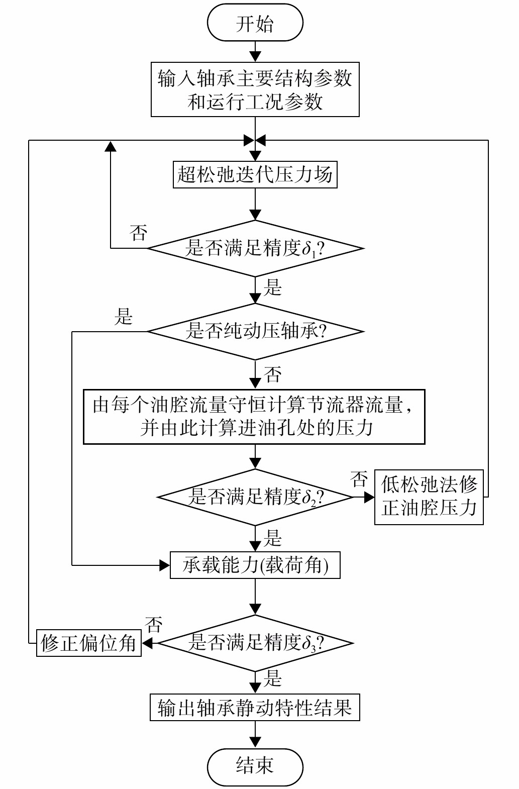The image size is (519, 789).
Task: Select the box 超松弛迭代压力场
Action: tap(255, 175)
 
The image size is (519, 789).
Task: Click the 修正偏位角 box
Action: tap(89, 643)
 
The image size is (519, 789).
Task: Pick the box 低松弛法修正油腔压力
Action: tap(429, 497)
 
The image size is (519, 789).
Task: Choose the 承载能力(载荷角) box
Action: tap(255, 565)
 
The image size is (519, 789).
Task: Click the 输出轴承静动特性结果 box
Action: tap(255, 708)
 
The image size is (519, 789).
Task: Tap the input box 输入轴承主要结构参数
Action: tap(255, 89)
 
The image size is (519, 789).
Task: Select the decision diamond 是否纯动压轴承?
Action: tap(255, 332)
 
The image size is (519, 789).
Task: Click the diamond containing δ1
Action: tap(255, 248)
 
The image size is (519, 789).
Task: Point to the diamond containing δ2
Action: tap(255, 497)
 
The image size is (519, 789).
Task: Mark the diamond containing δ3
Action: tap(255, 643)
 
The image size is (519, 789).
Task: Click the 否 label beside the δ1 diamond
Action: tap(138, 233)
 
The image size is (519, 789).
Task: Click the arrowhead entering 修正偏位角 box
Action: tap(147, 643)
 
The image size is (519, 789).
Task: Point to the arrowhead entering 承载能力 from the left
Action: tap(165, 565)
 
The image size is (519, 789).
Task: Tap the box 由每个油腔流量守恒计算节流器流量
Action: tap(254, 417)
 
